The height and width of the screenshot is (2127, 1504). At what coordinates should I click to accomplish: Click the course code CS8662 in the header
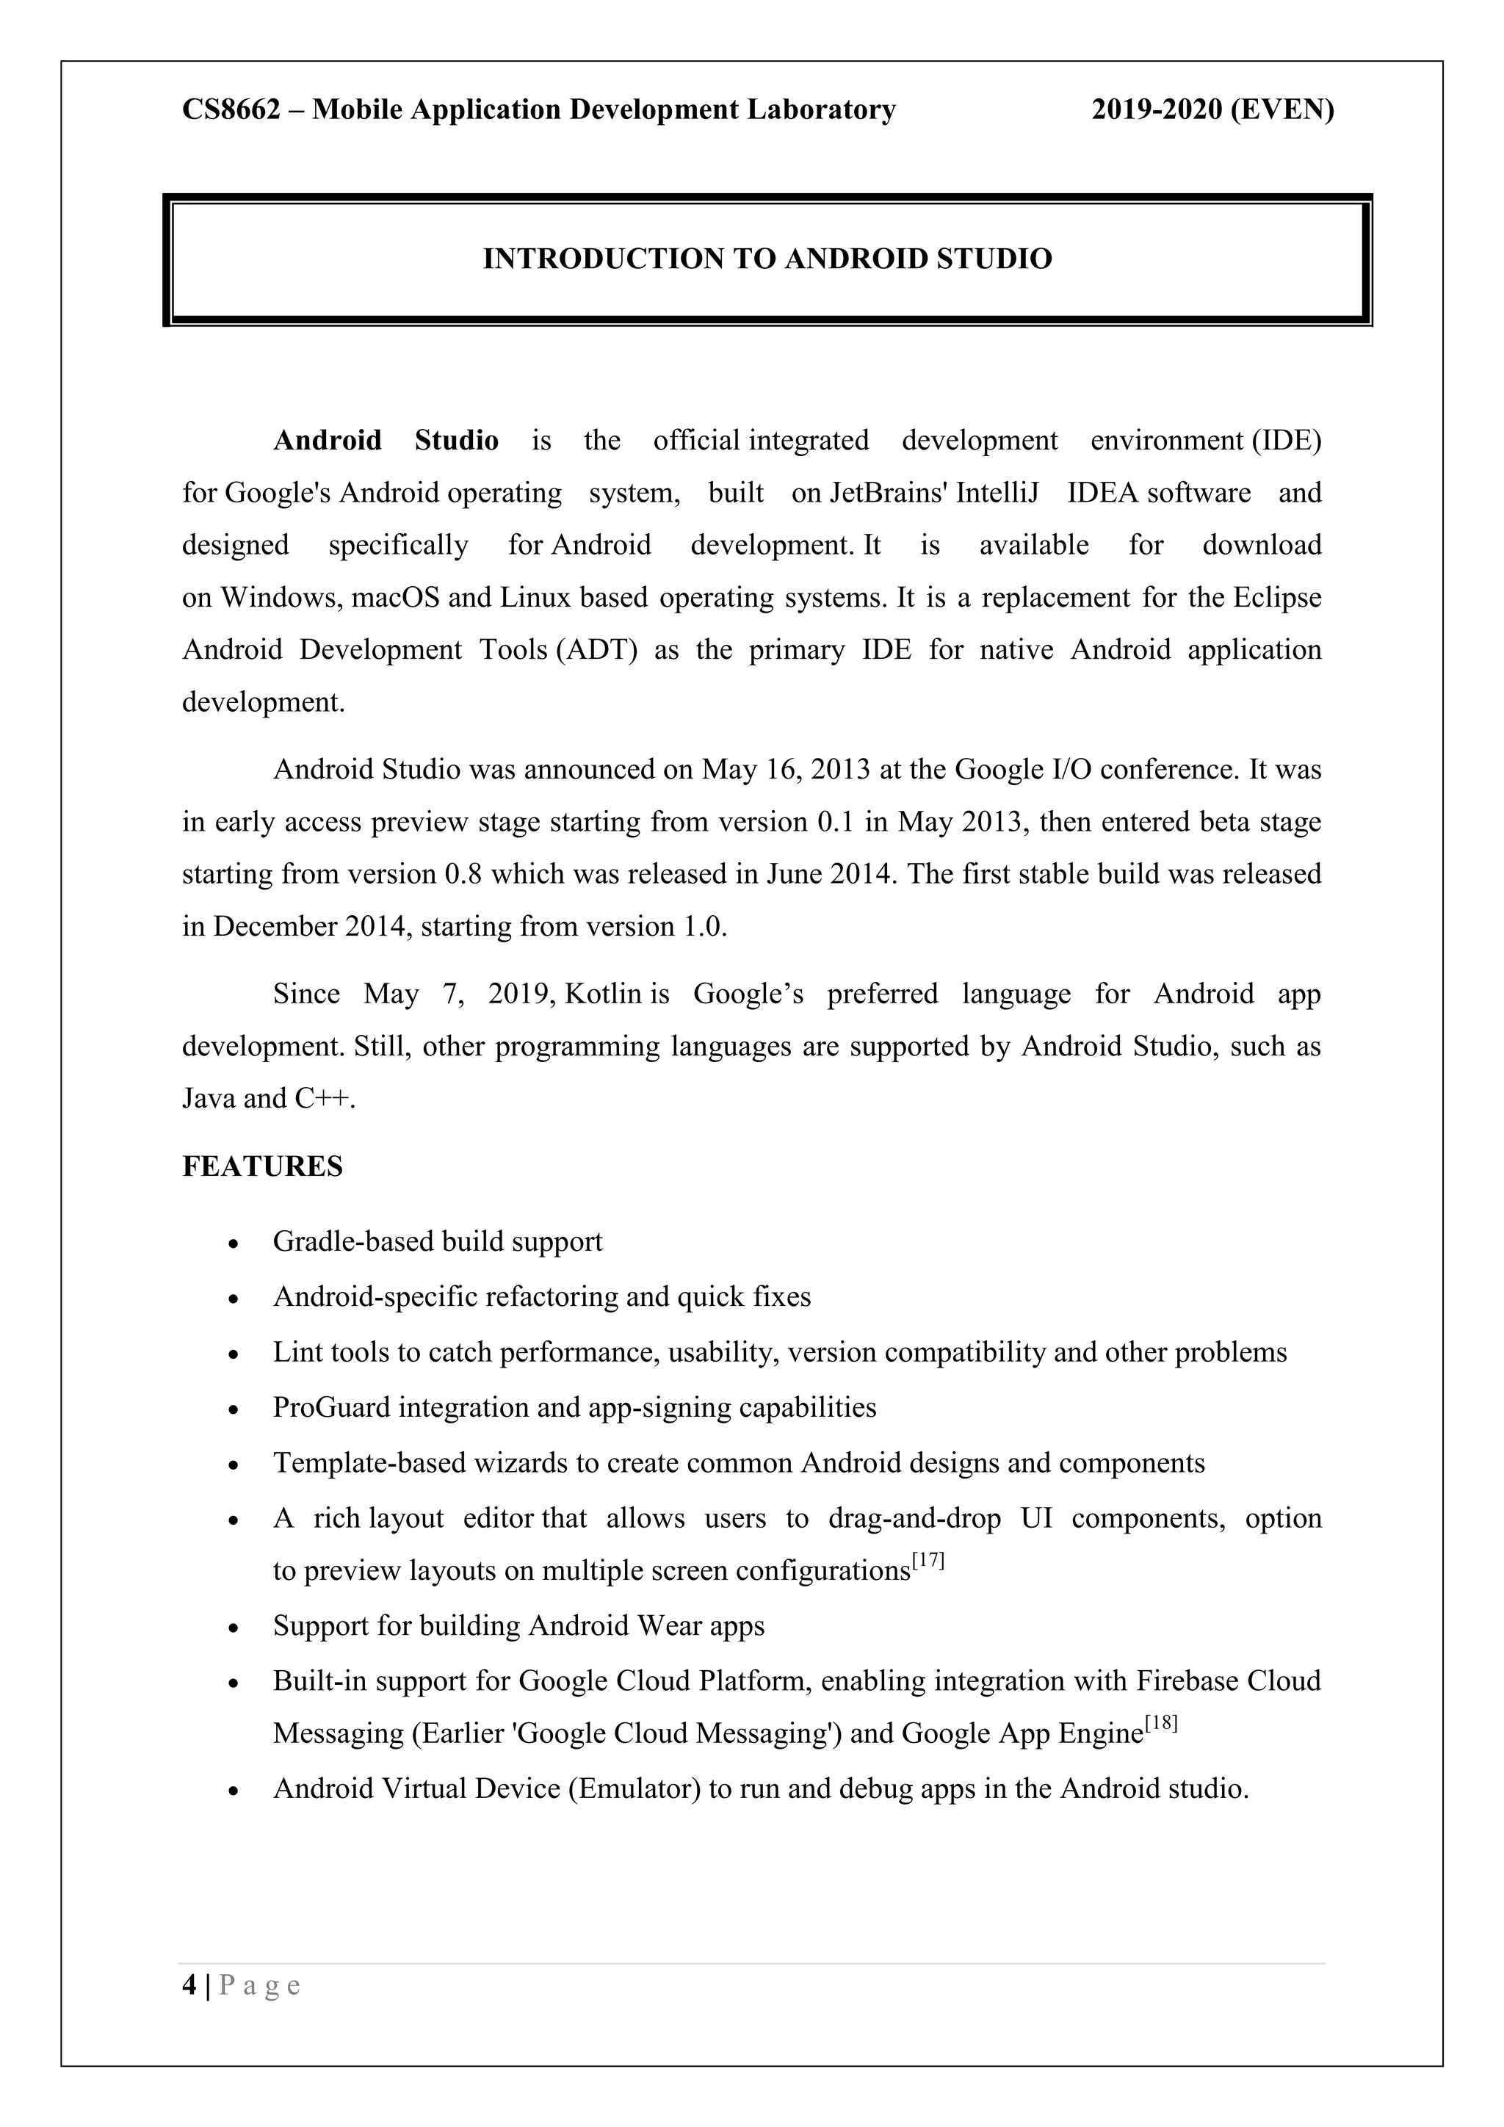coord(231,110)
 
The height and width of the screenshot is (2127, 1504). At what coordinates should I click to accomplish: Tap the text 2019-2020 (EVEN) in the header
coord(1212,110)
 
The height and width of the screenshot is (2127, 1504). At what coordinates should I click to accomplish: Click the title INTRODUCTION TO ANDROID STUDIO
coord(767,259)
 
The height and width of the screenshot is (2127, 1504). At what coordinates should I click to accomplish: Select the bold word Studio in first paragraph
coord(457,440)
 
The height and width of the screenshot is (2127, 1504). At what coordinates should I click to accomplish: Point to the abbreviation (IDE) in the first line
coord(1287,440)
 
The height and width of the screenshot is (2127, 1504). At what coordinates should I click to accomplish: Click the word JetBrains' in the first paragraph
coord(889,493)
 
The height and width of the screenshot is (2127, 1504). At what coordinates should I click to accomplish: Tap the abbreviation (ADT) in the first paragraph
coord(600,650)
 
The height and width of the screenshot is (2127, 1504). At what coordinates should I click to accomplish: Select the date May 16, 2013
coord(785,770)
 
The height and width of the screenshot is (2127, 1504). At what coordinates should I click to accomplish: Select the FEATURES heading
coord(262,1167)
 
